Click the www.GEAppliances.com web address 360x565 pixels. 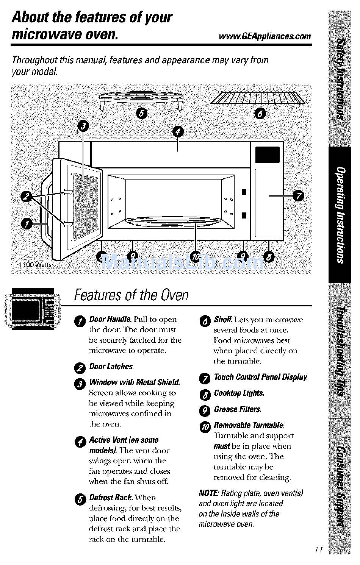pos(265,36)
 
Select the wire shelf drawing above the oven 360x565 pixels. pos(258,98)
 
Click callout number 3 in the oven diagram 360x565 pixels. pos(83,126)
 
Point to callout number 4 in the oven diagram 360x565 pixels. pos(178,132)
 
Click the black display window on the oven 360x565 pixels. pos(267,155)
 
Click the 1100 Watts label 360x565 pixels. pos(35,265)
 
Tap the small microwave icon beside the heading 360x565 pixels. pos(33,308)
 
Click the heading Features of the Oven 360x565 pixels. pos(131,295)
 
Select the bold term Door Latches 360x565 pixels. pos(111,367)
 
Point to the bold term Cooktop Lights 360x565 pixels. pos(239,393)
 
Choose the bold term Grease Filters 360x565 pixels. pos(237,409)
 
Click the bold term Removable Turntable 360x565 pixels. pos(249,425)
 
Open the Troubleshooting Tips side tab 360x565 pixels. pos(340,350)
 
